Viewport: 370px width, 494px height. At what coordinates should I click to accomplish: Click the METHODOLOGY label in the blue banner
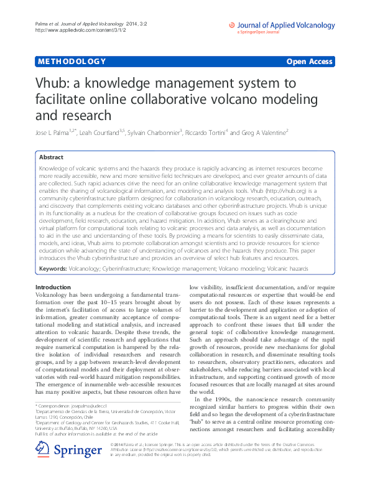tap(71, 61)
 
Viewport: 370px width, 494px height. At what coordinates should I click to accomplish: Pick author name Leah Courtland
tap(104, 132)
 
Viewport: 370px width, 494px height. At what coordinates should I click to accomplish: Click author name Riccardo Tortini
tap(208, 132)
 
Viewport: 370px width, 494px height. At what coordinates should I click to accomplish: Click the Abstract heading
tap(52, 158)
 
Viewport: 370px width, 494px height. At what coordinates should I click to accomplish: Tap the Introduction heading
tap(53, 287)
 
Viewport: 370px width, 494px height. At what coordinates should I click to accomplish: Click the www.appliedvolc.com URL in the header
tap(68, 30)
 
